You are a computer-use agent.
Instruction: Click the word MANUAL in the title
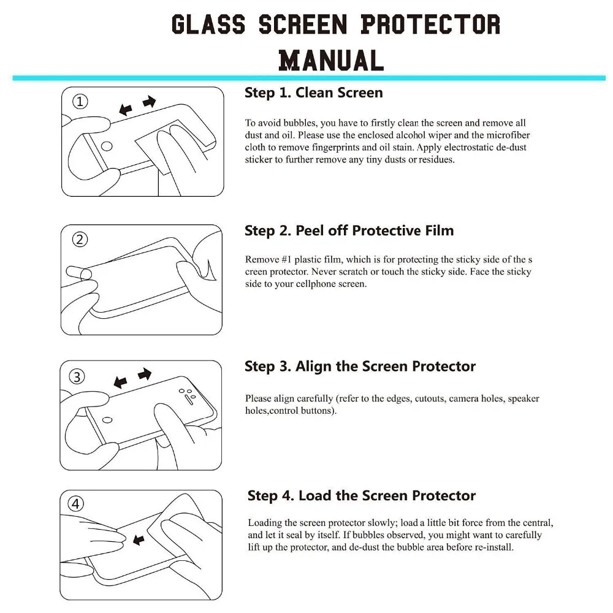[331, 60]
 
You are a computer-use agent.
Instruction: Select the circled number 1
[80, 102]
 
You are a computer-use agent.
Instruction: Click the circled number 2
[80, 240]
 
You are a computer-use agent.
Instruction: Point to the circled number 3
[77, 376]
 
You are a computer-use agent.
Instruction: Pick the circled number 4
[76, 504]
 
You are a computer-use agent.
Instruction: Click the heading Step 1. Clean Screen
[313, 93]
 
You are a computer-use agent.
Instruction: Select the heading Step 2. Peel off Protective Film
[349, 231]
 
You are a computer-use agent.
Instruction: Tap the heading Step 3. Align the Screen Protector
[360, 367]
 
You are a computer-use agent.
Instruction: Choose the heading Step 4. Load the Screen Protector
[361, 495]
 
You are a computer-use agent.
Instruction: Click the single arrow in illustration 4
[139, 540]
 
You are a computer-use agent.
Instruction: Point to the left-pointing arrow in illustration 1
[126, 110]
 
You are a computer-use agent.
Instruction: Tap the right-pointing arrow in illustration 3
[145, 373]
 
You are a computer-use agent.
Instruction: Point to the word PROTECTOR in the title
[430, 25]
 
